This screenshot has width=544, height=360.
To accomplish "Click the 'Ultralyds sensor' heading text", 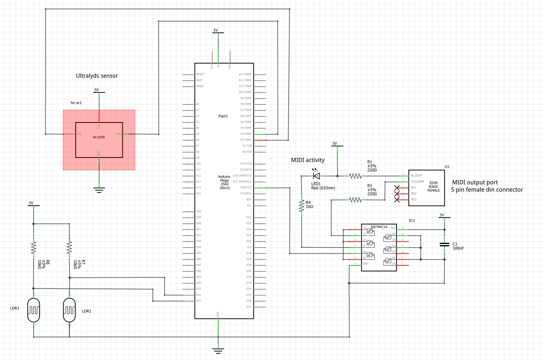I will click(x=97, y=76).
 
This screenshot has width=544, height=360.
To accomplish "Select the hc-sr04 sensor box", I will click(x=99, y=139).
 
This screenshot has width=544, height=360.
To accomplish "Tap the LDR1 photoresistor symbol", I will click(x=34, y=310).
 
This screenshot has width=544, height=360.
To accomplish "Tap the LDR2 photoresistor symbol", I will click(x=69, y=310).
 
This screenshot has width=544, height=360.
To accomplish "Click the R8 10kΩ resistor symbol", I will click(x=34, y=248).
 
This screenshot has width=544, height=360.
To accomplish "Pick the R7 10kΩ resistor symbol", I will click(x=69, y=248).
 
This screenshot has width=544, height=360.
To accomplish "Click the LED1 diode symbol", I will click(x=316, y=176).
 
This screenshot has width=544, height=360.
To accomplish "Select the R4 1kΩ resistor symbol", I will click(x=301, y=206).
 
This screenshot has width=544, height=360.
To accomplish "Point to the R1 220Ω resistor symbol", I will click(x=355, y=176).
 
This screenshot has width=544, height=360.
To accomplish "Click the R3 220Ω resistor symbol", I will click(x=355, y=200).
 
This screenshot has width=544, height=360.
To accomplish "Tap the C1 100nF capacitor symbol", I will click(x=444, y=244).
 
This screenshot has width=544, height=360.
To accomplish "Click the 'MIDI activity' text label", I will click(x=308, y=160).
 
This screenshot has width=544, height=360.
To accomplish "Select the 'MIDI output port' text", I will click(x=475, y=182).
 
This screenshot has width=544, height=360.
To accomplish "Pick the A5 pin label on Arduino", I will click(x=198, y=134).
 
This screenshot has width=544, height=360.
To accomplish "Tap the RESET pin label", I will click(x=200, y=74).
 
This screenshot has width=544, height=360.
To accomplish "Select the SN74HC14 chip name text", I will click(x=379, y=227).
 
